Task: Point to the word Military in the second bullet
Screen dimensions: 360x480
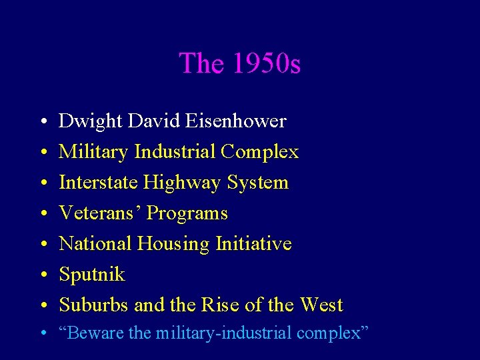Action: point(94,152)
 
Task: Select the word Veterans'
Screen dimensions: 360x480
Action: point(100,213)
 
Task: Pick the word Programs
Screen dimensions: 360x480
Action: point(187,213)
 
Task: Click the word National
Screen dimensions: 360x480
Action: point(95,244)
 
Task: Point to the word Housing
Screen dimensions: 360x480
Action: point(173,244)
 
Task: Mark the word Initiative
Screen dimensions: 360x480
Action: point(254,244)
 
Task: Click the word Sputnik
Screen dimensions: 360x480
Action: point(92,275)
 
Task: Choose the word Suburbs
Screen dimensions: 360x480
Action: point(94,305)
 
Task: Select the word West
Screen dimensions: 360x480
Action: point(321,305)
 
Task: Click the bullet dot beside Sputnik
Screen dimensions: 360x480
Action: point(42,275)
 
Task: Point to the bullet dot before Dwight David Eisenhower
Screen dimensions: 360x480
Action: point(42,122)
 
